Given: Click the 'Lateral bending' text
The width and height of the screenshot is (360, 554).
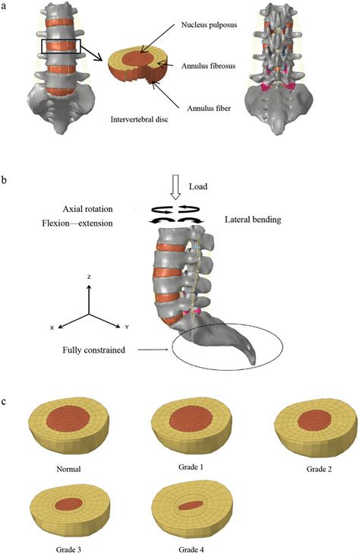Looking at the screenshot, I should point(254,220).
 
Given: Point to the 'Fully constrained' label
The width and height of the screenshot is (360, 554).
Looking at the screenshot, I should point(95,350).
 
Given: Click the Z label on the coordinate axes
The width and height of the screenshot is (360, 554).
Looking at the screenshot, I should point(89,277).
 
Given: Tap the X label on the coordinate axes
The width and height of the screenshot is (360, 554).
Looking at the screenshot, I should point(52,328).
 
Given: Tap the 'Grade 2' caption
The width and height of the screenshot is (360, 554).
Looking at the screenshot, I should point(313,468).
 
